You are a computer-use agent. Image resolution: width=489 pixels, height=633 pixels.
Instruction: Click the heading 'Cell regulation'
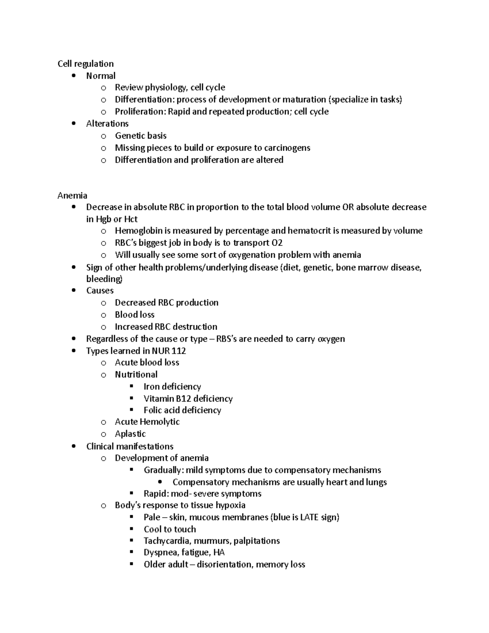point(85,64)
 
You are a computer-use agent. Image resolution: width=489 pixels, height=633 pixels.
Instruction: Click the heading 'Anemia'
point(72,195)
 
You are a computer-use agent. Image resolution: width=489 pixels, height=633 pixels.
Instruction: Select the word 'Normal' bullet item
point(101,76)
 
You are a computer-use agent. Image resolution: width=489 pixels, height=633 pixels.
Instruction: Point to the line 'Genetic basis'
point(141,136)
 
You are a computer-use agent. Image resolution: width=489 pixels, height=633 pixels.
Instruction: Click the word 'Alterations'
point(107,124)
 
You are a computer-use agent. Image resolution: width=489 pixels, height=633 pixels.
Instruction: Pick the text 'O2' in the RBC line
point(277,243)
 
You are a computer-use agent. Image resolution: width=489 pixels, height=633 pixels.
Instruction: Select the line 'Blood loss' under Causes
point(134,315)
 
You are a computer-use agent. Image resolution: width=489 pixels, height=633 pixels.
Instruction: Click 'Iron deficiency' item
point(172,386)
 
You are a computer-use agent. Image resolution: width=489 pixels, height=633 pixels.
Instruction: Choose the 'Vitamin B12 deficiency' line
point(188,399)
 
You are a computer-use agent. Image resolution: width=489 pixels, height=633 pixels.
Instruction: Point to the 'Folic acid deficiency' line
point(182,410)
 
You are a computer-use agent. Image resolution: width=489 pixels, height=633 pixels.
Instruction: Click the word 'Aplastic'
point(130,434)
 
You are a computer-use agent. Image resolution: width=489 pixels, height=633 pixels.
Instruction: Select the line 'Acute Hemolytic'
point(147,421)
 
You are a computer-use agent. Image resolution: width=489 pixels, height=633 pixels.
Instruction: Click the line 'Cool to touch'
point(170,529)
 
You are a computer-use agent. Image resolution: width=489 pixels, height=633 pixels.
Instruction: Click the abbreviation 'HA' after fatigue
point(219,553)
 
